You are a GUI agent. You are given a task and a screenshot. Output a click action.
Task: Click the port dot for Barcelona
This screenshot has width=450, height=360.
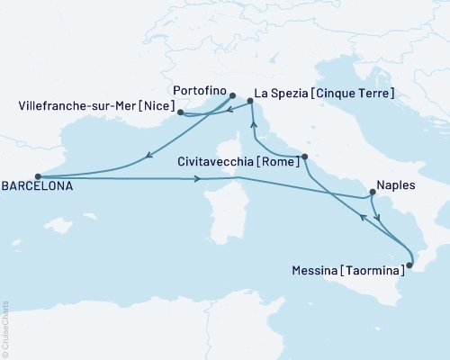click(x=37, y=177)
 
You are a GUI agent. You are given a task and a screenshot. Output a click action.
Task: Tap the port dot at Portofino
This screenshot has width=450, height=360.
click(x=232, y=95)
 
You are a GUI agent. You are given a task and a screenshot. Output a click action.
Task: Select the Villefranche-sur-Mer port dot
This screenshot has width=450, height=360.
click(x=181, y=112)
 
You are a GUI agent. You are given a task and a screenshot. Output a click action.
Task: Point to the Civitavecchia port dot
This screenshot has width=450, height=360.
click(x=305, y=157)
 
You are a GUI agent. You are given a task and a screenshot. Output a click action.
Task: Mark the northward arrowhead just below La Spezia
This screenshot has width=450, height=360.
click(x=254, y=124)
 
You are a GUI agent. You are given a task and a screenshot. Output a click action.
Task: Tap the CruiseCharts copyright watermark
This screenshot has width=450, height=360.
click(x=5, y=326)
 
